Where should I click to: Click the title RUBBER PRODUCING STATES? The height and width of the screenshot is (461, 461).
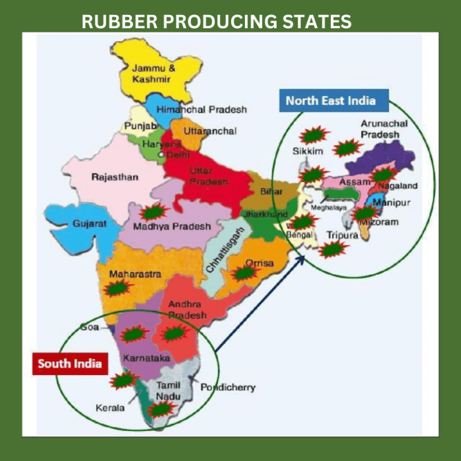[x=216, y=22]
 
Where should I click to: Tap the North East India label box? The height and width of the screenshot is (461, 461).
[x=331, y=100]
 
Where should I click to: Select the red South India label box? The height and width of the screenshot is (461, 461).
[x=70, y=364]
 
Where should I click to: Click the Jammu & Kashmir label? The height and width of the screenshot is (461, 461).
[x=154, y=74]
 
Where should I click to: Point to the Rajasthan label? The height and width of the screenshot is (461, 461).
[x=115, y=177]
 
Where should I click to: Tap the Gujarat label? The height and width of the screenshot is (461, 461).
[x=89, y=223]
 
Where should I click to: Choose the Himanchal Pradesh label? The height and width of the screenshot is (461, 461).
[x=201, y=110]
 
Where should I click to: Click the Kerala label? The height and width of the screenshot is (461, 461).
[x=110, y=408]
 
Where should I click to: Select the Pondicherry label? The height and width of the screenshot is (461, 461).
[x=227, y=387]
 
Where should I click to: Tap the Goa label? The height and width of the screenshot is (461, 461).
[x=90, y=328]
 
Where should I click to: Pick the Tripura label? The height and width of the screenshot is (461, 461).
[x=342, y=235]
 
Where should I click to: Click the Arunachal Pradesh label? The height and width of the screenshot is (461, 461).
[x=384, y=129]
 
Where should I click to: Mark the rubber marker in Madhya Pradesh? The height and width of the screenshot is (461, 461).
[x=154, y=212]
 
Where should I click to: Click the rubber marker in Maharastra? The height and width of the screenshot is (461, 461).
[x=118, y=288]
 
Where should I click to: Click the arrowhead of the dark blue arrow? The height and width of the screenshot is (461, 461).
[x=302, y=259]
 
